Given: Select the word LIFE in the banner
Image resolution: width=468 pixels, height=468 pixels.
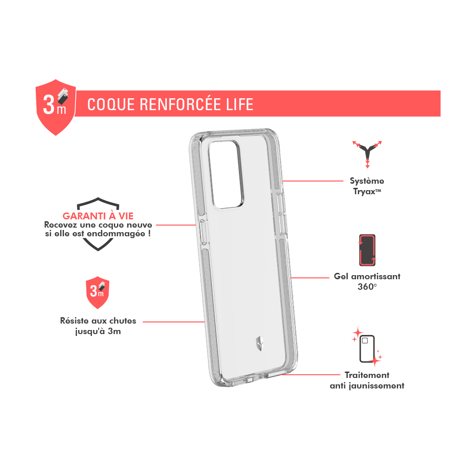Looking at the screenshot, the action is tap(239, 105).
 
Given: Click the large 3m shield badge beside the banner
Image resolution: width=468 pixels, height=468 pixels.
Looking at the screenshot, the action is tap(56, 107).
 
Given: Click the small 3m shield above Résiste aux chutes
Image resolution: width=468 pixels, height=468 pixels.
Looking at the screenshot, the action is tap(98, 292).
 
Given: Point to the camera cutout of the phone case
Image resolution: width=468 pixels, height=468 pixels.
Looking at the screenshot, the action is tap(226, 174).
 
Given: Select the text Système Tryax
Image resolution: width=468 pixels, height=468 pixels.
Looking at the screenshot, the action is tap(367, 186).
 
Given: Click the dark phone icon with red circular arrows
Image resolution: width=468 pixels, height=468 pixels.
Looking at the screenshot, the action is tap(367, 250).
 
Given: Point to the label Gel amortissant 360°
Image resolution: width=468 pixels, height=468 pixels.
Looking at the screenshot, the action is tap(367, 281).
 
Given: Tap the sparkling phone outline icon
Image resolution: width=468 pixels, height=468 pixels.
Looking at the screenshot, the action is tap(367, 347).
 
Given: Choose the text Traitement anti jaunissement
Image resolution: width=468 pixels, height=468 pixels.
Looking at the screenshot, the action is tap(367, 380).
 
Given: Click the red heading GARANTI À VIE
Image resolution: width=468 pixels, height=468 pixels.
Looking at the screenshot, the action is tap(98, 216).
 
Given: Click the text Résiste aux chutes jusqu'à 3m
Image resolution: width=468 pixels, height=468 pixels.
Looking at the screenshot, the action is tap(98, 326).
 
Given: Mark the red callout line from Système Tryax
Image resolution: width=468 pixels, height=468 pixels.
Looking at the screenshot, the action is tap(313, 181).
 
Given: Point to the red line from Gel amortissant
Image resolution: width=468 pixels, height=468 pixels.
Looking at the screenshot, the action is tap(310, 277).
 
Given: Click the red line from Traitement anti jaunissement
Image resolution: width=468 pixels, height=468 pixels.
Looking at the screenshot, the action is tap(310, 375).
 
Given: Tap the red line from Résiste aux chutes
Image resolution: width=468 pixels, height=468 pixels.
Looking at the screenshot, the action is tap(174, 322).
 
